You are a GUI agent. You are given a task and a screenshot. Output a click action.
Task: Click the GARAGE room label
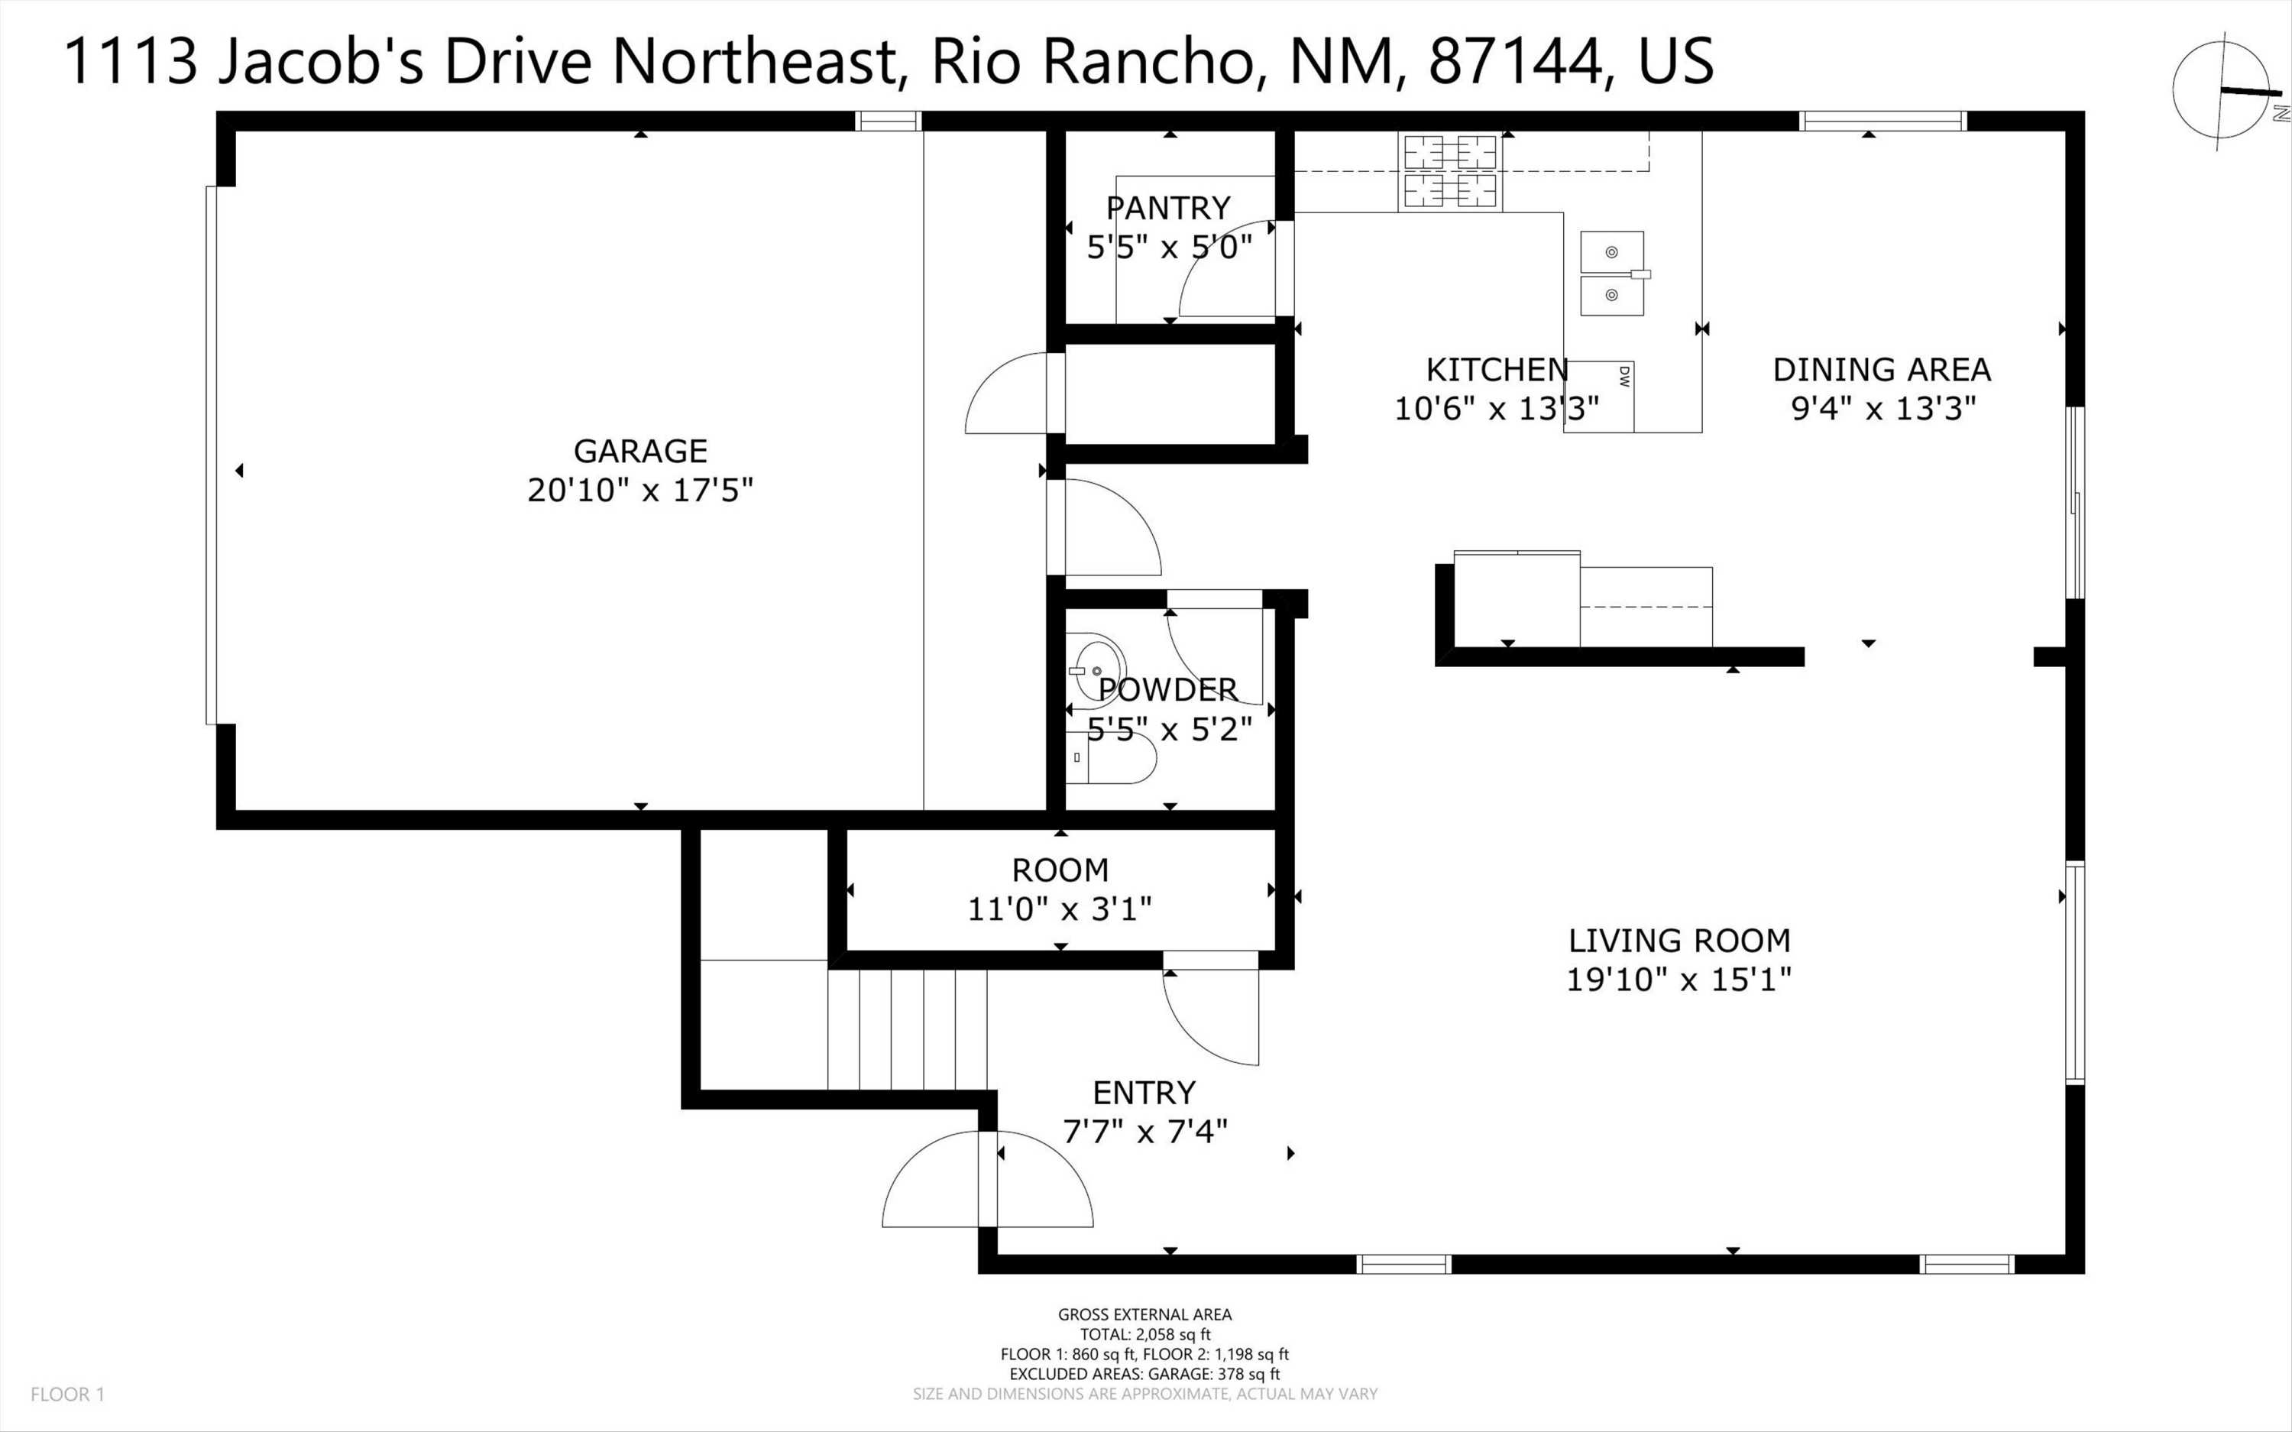[x=640, y=451]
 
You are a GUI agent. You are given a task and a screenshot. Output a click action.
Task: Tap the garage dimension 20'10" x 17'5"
[x=640, y=491]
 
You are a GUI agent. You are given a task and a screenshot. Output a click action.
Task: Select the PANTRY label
[x=1168, y=207]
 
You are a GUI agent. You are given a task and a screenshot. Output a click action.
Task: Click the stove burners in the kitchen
[x=1449, y=171]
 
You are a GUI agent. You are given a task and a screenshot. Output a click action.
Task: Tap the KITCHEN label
[x=1497, y=369]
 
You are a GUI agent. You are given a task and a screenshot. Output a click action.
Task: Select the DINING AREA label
[x=1882, y=369]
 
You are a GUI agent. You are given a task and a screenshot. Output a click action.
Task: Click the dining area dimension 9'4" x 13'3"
[x=1883, y=408]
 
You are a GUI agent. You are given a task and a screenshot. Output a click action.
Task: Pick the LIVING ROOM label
[x=1679, y=941]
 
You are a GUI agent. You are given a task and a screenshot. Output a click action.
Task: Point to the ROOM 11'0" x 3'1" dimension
[x=1060, y=909]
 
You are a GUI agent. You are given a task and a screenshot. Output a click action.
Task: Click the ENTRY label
[x=1144, y=1093]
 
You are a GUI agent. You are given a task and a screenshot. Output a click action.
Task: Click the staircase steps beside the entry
[x=907, y=1029]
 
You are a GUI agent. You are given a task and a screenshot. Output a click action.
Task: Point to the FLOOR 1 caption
[x=67, y=1394]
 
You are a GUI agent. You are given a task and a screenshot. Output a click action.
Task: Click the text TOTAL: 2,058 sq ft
[x=1144, y=1334]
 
